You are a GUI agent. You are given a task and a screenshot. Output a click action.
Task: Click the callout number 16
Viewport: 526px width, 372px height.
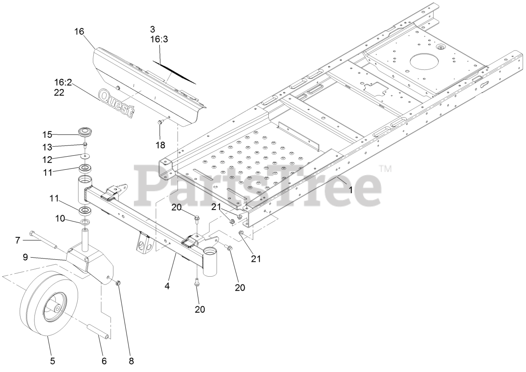click(80, 31)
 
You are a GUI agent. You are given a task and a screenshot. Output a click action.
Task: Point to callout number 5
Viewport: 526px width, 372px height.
click(53, 361)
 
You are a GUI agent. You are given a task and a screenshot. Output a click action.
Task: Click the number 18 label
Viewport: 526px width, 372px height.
click(160, 145)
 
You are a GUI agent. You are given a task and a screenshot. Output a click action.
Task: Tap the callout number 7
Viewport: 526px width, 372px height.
click(18, 240)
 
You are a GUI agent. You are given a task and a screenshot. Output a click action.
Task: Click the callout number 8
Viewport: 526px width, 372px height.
click(131, 361)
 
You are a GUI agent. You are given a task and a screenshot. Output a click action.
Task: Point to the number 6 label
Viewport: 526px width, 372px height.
click(104, 361)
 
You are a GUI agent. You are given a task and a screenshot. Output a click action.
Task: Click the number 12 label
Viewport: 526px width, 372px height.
click(48, 159)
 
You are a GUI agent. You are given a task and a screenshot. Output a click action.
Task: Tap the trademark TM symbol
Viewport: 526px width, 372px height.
click(385, 169)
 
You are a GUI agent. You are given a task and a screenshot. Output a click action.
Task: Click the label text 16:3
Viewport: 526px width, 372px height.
click(159, 39)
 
